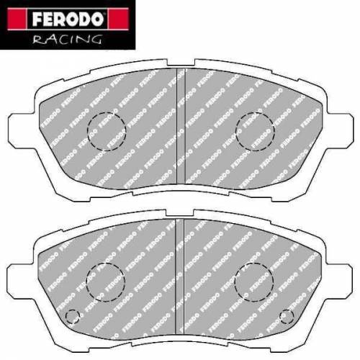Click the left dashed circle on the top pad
click(106, 130)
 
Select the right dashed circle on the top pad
click(256, 130)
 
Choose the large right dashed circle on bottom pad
click(254, 279)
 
